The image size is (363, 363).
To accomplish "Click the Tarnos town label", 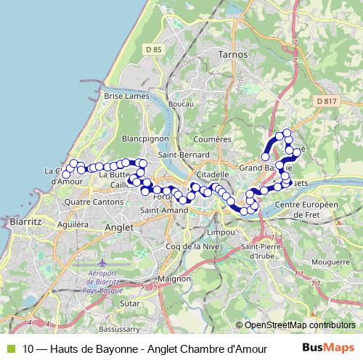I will pyautogui.click(x=232, y=54).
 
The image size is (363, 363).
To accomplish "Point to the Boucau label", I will pyautogui.click(x=180, y=105).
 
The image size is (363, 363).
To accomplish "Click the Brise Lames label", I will pyautogui.click(x=126, y=96).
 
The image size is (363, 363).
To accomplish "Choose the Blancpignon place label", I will pyautogui.click(x=145, y=138).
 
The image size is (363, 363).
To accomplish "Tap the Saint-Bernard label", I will pyautogui.click(x=184, y=155).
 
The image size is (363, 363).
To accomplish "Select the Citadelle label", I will pyautogui.click(x=213, y=175).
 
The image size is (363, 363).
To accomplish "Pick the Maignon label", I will pyautogui.click(x=174, y=278).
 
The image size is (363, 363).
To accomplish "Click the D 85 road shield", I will pyautogui.click(x=153, y=49).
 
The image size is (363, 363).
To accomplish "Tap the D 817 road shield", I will pyautogui.click(x=327, y=101).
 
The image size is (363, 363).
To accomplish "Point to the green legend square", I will pyautogui.click(x=9, y=348).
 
